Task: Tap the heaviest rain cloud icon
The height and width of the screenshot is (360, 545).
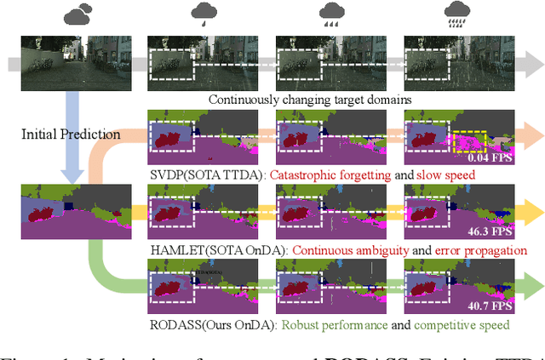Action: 459,14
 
